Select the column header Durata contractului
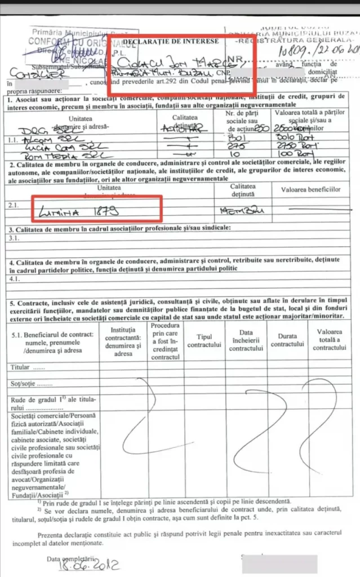(x=289, y=340)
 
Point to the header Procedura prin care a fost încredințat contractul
(x=165, y=341)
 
